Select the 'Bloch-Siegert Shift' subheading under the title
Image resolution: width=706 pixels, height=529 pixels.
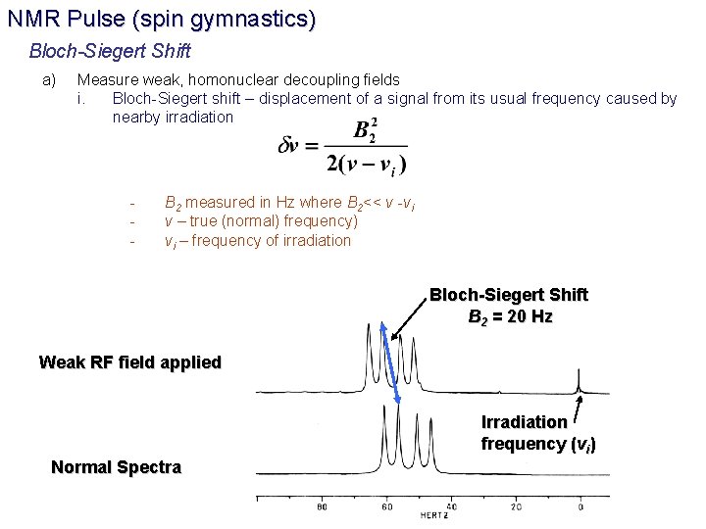(x=110, y=50)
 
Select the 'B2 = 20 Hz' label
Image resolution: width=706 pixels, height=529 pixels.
(x=510, y=316)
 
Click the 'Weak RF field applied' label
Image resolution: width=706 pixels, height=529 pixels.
(x=130, y=362)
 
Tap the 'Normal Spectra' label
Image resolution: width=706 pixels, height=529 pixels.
(x=116, y=467)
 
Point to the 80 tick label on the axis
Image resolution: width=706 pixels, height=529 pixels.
(x=322, y=507)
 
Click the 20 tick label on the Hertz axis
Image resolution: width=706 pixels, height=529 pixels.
(x=516, y=507)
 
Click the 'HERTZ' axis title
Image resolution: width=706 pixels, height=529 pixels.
(x=435, y=515)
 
